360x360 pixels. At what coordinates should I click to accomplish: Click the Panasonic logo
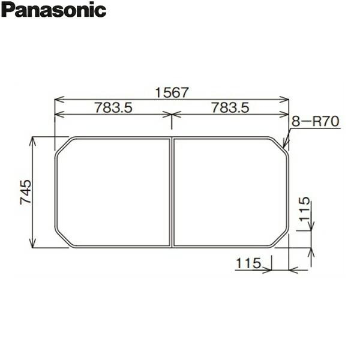pos(53,10)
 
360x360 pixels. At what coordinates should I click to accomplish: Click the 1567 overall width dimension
pos(172,92)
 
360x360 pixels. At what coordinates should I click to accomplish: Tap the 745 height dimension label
pos(26,192)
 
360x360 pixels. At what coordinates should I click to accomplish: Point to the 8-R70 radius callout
pos(316,122)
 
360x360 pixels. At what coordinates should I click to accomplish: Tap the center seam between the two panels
pos(172,192)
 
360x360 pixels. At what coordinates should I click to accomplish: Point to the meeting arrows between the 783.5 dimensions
pos(172,114)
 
